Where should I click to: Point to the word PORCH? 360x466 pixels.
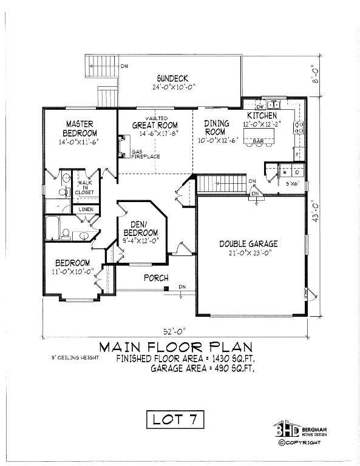[155, 278]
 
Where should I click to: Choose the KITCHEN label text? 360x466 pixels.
[262, 115]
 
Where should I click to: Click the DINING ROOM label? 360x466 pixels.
[216, 127]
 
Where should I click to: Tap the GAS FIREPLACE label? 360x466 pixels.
[146, 154]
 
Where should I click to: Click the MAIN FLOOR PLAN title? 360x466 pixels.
[175, 347]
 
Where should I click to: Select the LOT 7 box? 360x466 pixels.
[175, 419]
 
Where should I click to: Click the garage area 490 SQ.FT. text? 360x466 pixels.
[202, 368]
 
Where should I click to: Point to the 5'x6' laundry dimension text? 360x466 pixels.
[293, 183]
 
